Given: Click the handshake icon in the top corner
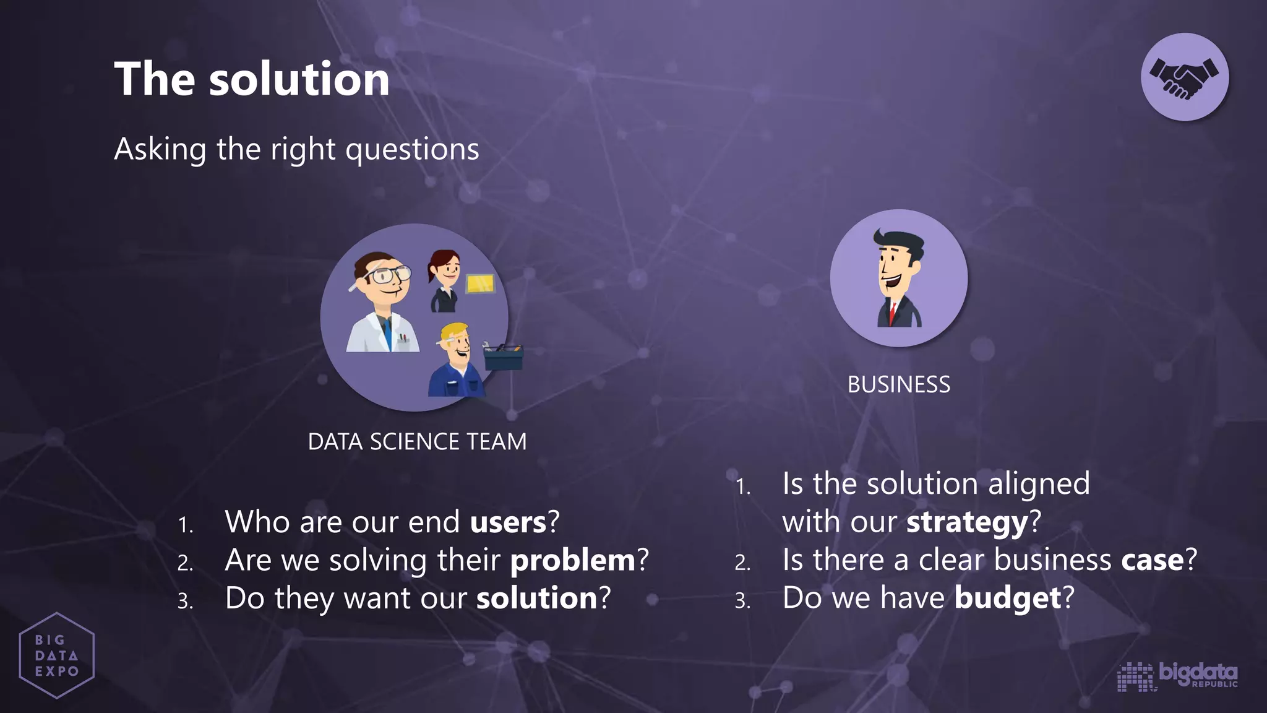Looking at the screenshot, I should (1184, 77).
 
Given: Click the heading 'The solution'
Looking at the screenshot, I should (252, 79).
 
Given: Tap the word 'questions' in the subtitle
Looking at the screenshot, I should (412, 150).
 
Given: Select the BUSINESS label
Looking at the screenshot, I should (898, 384).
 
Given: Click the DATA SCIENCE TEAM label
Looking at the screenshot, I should (417, 441).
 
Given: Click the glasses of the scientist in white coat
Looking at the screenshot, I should (389, 274).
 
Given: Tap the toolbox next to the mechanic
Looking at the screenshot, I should (503, 356).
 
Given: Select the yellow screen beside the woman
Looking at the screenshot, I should (480, 284).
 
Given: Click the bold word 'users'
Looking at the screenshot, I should (508, 522).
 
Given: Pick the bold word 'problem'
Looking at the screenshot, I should (573, 560).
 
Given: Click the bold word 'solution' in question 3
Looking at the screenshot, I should (536, 598).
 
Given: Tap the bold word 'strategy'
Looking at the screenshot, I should (967, 522).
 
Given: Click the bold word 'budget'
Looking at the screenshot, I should (1008, 598).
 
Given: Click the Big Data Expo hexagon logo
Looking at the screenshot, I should (56, 655).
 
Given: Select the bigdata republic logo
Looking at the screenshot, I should (1177, 675).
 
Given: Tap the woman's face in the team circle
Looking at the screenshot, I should (447, 270).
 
